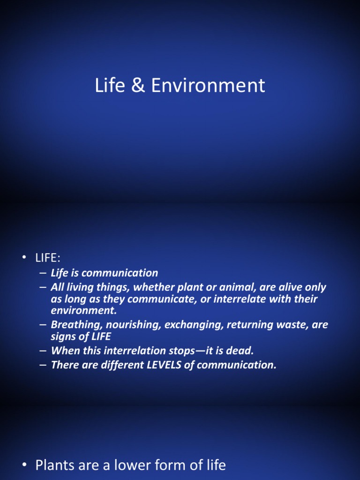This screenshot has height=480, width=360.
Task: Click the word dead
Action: pos(241,351)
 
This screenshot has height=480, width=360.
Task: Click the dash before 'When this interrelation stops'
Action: pos(43,351)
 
